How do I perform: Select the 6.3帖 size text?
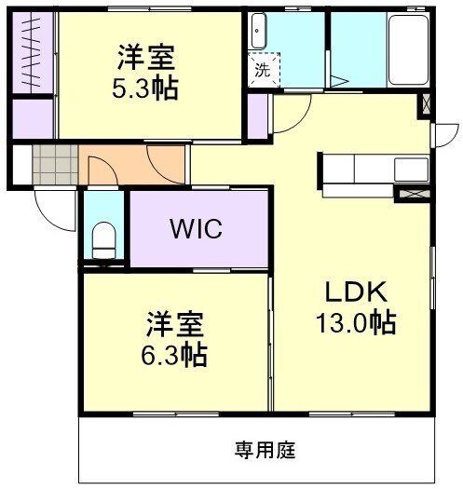176,354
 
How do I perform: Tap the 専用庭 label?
264,451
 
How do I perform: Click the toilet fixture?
103,239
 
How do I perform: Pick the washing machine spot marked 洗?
262,69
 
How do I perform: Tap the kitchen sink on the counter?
410,170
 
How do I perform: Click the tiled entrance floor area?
54,165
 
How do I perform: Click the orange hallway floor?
130,166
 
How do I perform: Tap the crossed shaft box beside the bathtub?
427,104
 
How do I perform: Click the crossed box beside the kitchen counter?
411,194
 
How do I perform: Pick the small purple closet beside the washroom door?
257,115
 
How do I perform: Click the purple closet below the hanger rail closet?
34,116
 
